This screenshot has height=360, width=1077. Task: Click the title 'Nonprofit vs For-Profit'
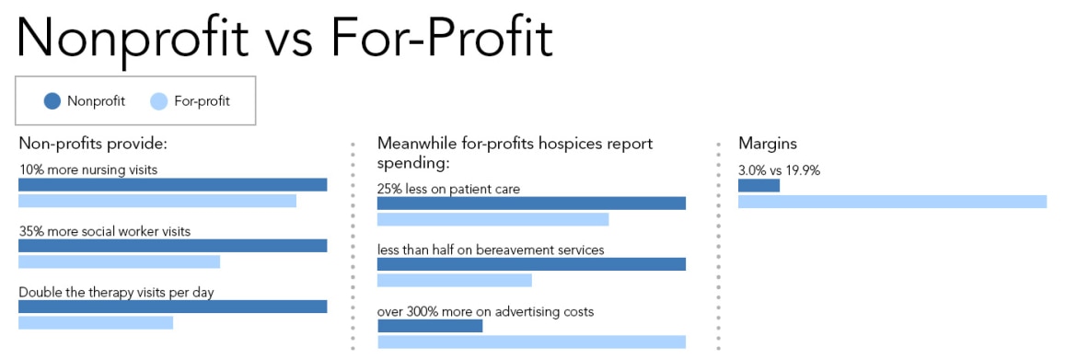[x=284, y=38]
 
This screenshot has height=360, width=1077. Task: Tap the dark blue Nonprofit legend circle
[x=52, y=101]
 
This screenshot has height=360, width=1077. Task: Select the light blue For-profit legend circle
[x=158, y=101]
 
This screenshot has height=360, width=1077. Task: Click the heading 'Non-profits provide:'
[x=92, y=144]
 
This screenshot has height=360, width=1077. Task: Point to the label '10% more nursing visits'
[x=88, y=169]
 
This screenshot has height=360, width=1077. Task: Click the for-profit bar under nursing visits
[x=157, y=201]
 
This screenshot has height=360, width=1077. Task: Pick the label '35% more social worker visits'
[x=105, y=231]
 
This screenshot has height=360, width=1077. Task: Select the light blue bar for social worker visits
[x=120, y=261]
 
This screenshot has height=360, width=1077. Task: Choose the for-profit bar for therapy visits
[x=96, y=322]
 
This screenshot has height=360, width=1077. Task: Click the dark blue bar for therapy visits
[x=173, y=307]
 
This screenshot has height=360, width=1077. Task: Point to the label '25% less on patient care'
[x=448, y=189]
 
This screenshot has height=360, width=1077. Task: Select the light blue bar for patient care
[x=492, y=219]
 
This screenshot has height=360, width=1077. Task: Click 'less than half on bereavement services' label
[x=491, y=250]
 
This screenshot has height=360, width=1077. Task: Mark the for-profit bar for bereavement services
[x=455, y=280]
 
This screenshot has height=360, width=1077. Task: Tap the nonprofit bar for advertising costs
[x=430, y=326]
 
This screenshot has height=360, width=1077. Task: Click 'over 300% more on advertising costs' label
[x=485, y=311]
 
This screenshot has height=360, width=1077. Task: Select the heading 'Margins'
[x=768, y=144]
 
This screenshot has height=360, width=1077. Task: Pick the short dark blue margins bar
[x=759, y=185]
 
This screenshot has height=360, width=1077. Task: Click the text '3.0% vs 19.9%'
[x=779, y=170]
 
